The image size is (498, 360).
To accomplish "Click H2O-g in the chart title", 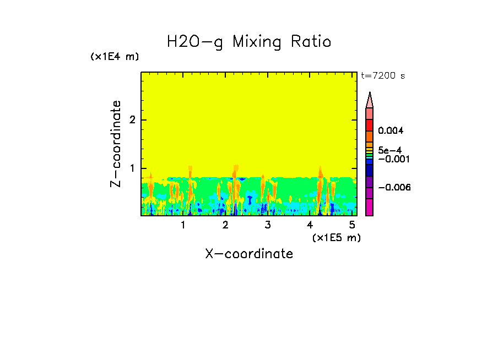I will (x=195, y=42).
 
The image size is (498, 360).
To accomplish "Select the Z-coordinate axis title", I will (x=116, y=144).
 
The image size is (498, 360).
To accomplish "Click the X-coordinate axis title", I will (x=249, y=254).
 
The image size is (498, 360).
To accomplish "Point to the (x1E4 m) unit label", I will (x=115, y=57).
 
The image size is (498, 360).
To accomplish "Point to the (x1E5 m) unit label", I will (x=336, y=237).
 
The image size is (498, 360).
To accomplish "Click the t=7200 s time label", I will (x=382, y=76).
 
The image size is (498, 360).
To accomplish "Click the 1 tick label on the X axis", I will (x=183, y=226).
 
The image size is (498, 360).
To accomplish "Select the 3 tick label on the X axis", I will (x=268, y=226).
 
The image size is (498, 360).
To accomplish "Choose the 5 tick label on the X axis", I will (x=353, y=226).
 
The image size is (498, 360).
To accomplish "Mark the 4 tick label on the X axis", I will (x=310, y=226).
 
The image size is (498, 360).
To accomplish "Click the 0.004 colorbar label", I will (x=391, y=131).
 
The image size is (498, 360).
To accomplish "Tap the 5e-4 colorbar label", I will (x=389, y=150).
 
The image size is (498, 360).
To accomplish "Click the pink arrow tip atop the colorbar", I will (x=370, y=100).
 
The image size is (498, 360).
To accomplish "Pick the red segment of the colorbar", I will (x=369, y=125).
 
